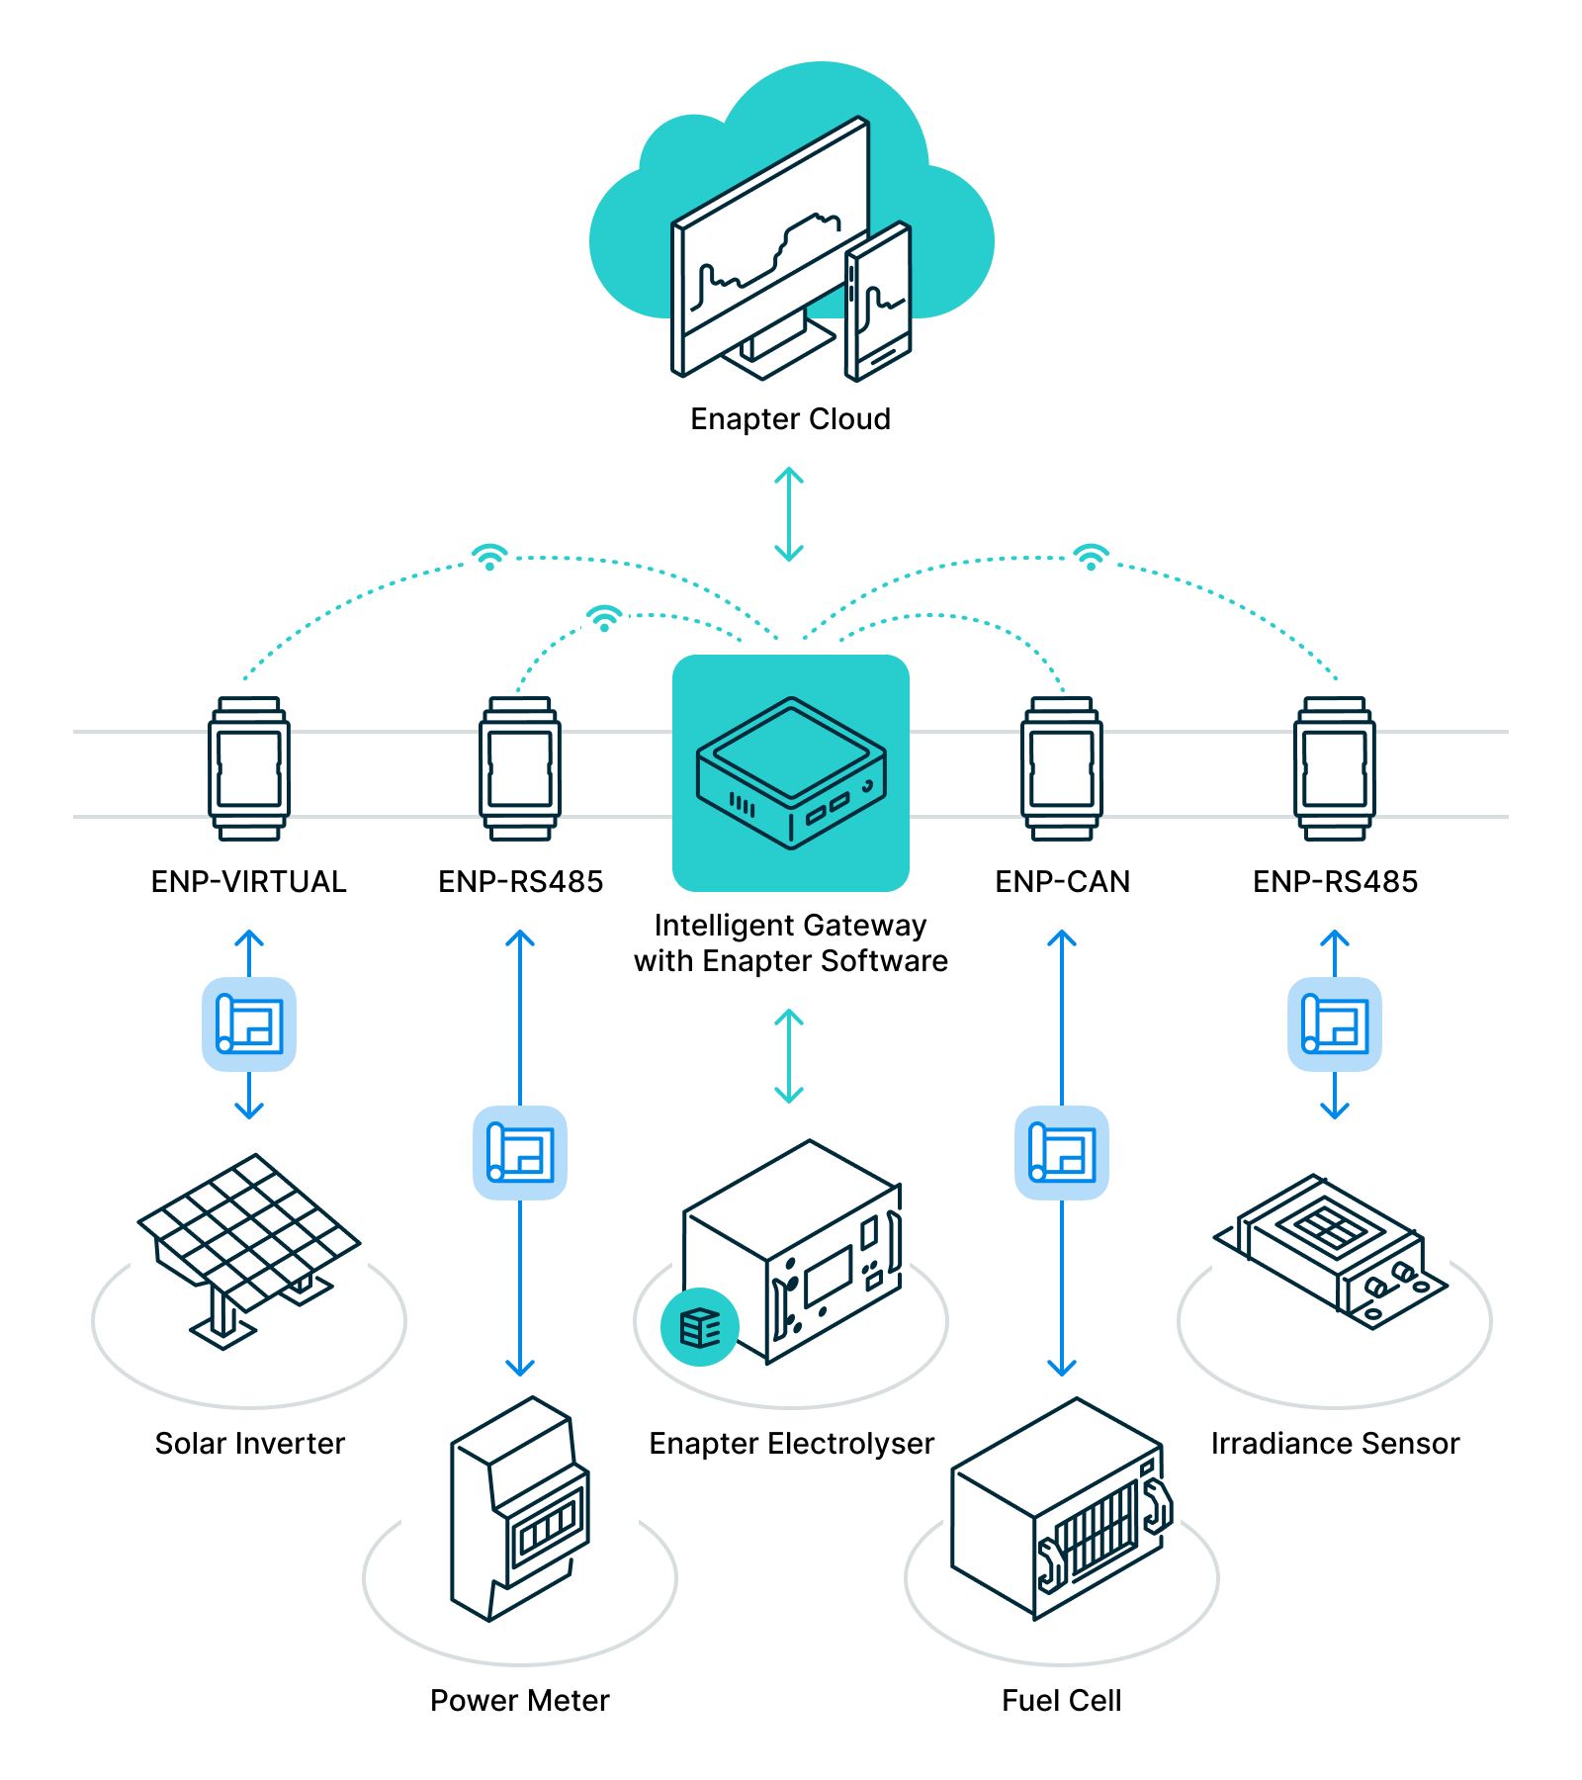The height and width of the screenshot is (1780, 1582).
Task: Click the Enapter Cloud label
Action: point(790,419)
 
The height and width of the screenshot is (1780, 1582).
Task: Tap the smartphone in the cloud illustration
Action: point(878,302)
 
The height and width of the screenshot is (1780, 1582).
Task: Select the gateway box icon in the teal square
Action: point(791,772)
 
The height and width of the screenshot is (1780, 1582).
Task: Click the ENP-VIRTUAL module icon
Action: point(249,768)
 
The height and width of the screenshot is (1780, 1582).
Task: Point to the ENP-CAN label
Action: point(1062,881)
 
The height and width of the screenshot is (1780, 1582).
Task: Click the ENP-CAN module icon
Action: point(1062,768)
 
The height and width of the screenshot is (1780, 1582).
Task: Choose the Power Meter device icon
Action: point(519,1509)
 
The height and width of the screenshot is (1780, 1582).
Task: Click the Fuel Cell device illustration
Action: point(1061,1509)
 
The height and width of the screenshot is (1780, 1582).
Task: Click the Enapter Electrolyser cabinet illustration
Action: point(801,1251)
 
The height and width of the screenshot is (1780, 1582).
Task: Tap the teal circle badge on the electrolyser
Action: point(700,1327)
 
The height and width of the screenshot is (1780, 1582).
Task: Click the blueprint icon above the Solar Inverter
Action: point(249,1024)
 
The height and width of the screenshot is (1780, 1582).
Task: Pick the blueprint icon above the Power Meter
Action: point(520,1153)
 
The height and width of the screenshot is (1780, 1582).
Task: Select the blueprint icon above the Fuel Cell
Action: point(1062,1153)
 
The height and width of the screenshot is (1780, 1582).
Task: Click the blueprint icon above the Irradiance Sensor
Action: point(1334,1024)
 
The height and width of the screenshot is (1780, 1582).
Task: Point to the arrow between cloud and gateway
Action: point(788,514)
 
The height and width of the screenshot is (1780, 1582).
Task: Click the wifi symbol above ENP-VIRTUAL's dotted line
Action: point(489,557)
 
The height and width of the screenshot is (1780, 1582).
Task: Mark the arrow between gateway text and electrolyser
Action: point(788,1056)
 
